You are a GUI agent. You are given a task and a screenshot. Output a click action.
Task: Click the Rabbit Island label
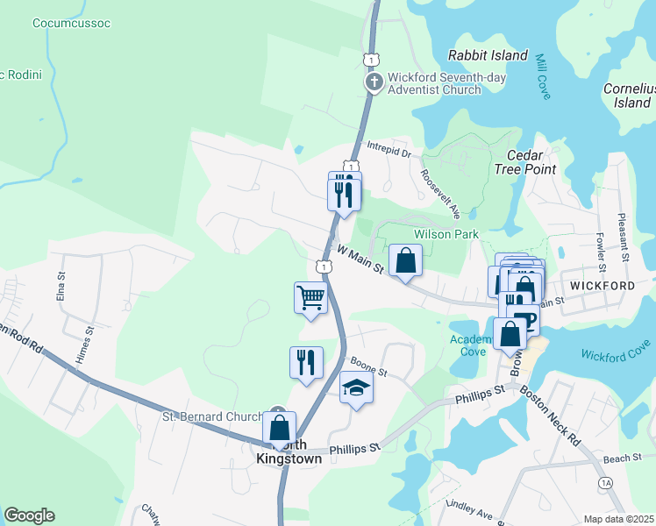click(488, 55)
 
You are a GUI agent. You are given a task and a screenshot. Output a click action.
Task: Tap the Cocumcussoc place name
click(71, 23)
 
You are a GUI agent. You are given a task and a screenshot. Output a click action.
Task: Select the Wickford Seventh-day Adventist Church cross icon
click(374, 82)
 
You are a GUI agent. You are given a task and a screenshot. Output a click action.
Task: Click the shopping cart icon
click(310, 298)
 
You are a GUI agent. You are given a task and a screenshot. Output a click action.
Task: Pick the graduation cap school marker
click(356, 387)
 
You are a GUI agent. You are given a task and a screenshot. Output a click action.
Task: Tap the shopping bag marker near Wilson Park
click(405, 260)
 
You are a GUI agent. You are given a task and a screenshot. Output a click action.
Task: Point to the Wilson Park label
click(446, 234)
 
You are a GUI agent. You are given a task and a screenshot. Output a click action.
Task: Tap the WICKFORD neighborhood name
click(602, 286)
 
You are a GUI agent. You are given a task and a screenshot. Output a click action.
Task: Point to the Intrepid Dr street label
click(389, 153)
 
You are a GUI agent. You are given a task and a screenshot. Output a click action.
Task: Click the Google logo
click(29, 515)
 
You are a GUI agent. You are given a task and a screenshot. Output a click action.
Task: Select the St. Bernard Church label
click(212, 416)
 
